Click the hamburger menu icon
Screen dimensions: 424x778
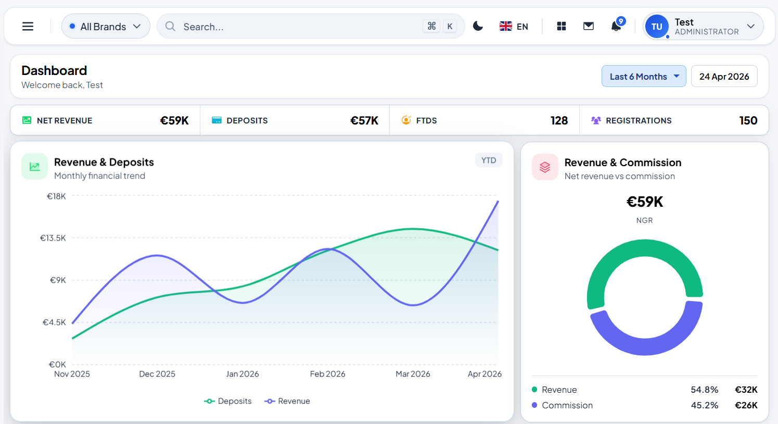click(x=28, y=27)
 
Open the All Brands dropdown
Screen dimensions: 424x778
click(x=106, y=27)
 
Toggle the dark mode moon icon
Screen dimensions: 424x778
click(x=478, y=26)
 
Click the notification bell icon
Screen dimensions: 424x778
click(x=616, y=26)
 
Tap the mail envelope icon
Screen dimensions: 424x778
click(x=589, y=26)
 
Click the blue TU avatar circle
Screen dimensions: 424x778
click(x=657, y=27)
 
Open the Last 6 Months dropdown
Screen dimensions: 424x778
click(x=644, y=77)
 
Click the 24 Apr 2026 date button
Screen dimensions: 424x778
click(x=724, y=77)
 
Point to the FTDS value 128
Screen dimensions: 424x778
click(x=559, y=121)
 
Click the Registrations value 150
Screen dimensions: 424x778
click(x=748, y=121)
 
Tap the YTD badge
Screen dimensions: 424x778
click(x=489, y=160)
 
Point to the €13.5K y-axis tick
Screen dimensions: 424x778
click(x=53, y=238)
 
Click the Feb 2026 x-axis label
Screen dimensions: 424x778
click(x=327, y=374)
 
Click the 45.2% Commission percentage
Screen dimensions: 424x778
click(x=705, y=405)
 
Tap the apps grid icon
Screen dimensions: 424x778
click(x=561, y=26)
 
